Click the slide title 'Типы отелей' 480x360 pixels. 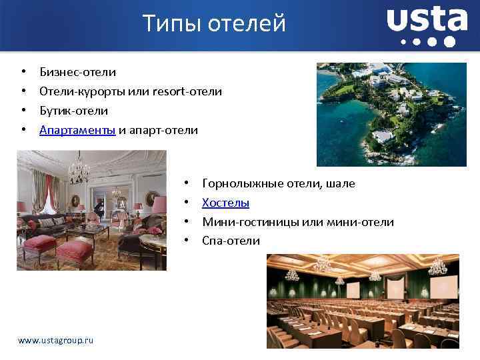click(215, 24)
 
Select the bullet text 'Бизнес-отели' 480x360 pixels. click(77, 71)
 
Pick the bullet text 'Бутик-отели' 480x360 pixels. click(73, 110)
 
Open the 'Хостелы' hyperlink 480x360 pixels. click(225, 202)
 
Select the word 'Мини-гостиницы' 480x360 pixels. click(249, 221)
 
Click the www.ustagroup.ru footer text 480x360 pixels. click(56, 340)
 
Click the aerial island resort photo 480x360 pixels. click(391, 114)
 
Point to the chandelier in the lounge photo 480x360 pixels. click(79, 168)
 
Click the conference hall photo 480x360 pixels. click(363, 301)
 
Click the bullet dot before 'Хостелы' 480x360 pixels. click(189, 203)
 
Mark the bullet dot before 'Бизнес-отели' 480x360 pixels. click(23, 71)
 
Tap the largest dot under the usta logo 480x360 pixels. click(449, 42)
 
